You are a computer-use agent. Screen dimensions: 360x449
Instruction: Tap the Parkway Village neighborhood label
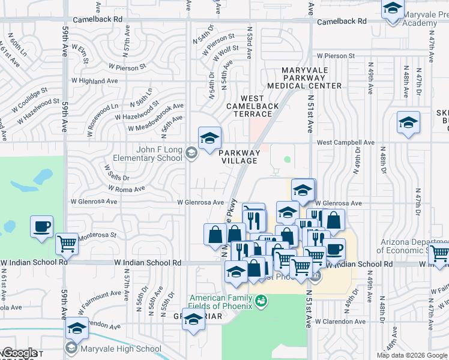[240, 157]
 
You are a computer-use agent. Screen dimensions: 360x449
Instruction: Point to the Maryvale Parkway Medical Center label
[312, 78]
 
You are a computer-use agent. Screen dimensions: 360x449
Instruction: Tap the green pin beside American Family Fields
[261, 301]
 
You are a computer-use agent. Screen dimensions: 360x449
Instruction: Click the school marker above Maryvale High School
[77, 329]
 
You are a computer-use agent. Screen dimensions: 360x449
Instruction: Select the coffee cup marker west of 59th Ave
[42, 227]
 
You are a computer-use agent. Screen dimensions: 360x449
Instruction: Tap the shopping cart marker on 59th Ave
[67, 244]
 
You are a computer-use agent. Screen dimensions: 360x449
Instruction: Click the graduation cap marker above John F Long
[210, 138]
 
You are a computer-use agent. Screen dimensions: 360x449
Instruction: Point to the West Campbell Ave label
[345, 143]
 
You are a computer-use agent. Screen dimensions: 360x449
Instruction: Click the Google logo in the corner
[19, 353]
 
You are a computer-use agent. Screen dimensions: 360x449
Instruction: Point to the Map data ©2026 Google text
[411, 355]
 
